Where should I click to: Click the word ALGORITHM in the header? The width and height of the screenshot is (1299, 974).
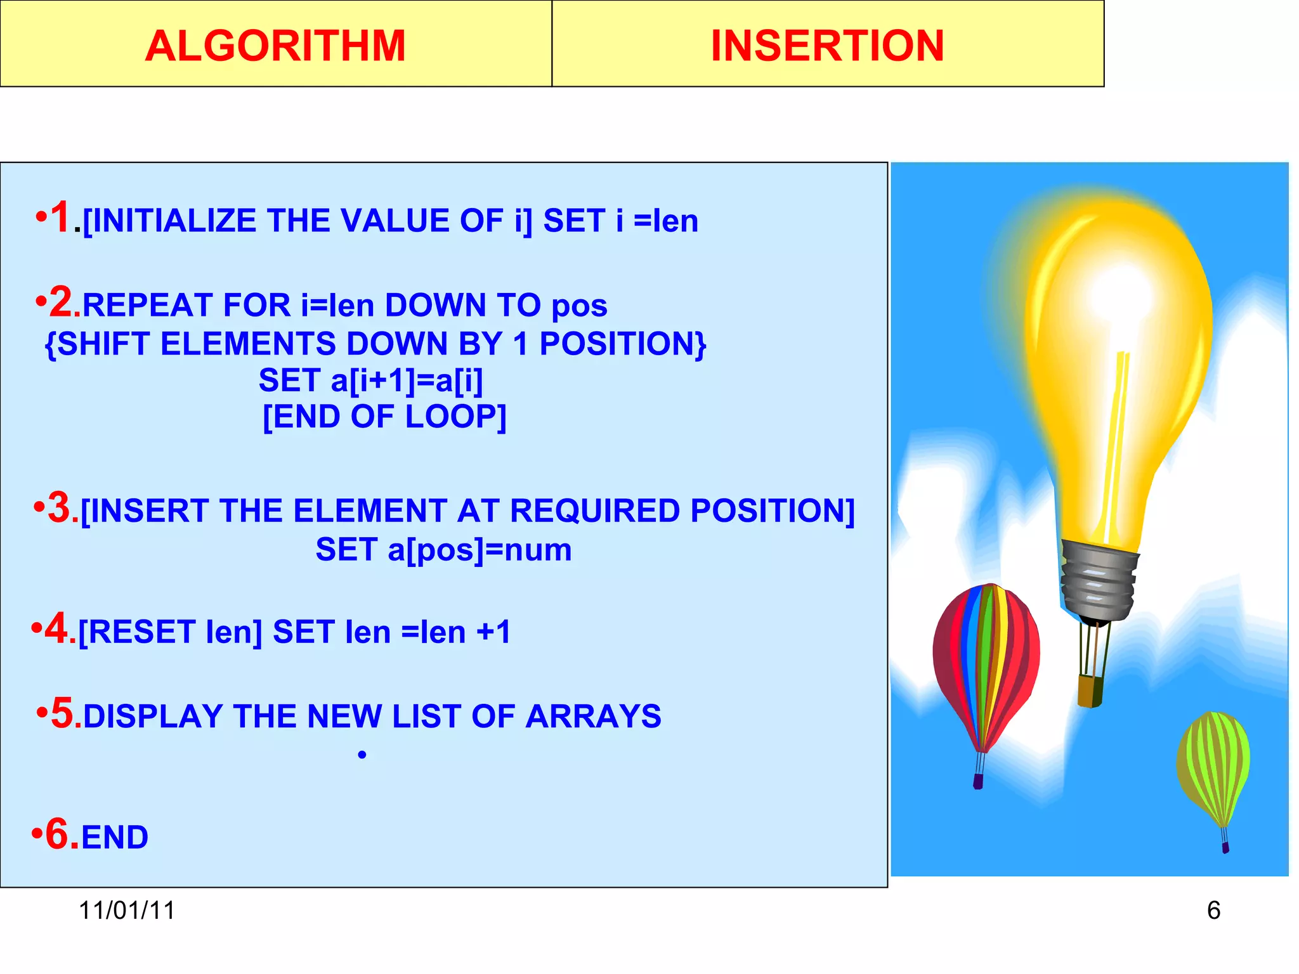tap(275, 46)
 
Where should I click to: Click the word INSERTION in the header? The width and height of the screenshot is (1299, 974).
tap(827, 46)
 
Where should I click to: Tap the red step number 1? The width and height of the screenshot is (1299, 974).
tap(60, 218)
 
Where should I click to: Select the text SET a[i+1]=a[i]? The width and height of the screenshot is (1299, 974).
tap(371, 380)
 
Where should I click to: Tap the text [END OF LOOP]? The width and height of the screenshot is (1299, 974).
tap(384, 417)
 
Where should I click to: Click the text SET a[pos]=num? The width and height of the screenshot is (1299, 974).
tap(443, 549)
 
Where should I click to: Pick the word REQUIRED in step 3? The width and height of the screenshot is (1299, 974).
tap(594, 510)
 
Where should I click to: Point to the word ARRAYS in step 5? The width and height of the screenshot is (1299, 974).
tap(593, 717)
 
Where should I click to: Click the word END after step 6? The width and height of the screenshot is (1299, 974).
tap(115, 837)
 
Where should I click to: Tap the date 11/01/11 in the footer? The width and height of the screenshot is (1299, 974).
tap(127, 910)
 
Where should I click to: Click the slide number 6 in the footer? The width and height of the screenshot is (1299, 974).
tap(1213, 910)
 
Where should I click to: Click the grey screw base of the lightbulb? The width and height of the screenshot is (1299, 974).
tap(1097, 580)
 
